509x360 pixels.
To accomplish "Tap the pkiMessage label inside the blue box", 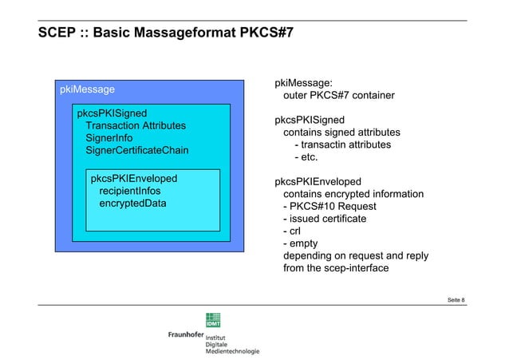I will pyautogui.click(x=88, y=89).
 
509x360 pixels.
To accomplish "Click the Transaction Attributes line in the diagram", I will pyautogui.click(x=136, y=126).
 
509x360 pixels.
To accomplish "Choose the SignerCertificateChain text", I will pyautogui.click(x=142, y=151).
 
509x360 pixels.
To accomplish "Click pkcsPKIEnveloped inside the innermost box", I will pyautogui.click(x=134, y=178).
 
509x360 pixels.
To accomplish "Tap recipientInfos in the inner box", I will pyautogui.click(x=129, y=191).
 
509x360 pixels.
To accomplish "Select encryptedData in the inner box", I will pyautogui.click(x=132, y=204).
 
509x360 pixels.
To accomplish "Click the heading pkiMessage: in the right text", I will pyautogui.click(x=304, y=83).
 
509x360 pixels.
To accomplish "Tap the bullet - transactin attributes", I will pyautogui.click(x=342, y=144).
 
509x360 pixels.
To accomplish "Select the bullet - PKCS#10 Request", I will pyautogui.click(x=329, y=207).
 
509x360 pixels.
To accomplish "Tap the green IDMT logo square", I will pyautogui.click(x=215, y=319).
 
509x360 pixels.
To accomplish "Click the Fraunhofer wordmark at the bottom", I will pyautogui.click(x=185, y=334).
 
